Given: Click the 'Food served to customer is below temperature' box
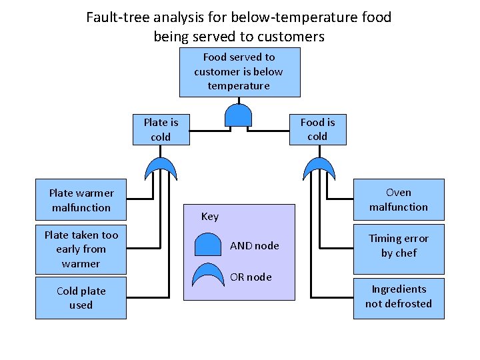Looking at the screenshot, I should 239,72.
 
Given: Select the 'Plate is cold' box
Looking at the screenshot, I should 161,129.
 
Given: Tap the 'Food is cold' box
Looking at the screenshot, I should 317,129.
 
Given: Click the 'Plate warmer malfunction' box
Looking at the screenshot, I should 81,200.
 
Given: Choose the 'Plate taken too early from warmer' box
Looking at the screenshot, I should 81,249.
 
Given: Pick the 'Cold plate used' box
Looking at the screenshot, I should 81,298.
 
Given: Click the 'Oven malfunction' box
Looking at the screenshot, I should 398,200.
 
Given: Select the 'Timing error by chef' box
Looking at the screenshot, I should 398,245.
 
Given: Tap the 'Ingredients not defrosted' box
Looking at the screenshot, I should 398,296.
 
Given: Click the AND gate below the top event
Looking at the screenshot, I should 238,115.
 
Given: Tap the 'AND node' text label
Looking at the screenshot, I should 254,246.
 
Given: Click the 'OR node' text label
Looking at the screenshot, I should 251,277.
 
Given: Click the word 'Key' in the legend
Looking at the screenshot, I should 209,217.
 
